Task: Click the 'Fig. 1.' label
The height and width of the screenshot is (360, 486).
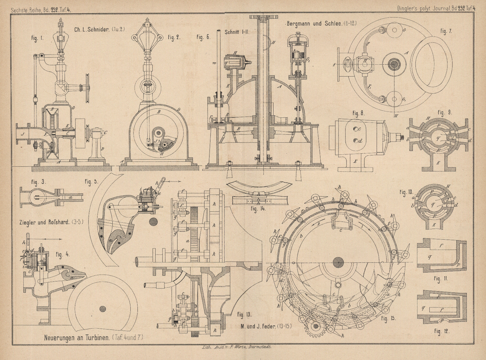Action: [x=37, y=39]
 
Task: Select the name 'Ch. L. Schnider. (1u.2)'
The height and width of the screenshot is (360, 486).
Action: [x=100, y=29]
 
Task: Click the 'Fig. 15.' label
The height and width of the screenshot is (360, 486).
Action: [x=389, y=319]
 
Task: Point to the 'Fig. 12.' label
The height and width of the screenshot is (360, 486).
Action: [x=441, y=331]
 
